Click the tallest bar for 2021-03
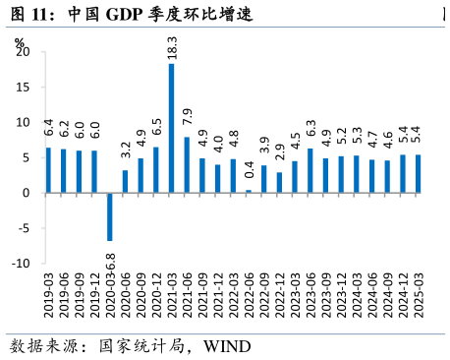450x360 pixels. click(x=172, y=128)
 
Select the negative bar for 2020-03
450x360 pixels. click(x=110, y=216)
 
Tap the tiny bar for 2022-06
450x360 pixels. click(x=249, y=191)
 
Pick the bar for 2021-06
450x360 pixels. click(x=187, y=164)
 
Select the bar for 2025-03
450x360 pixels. click(x=418, y=173)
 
